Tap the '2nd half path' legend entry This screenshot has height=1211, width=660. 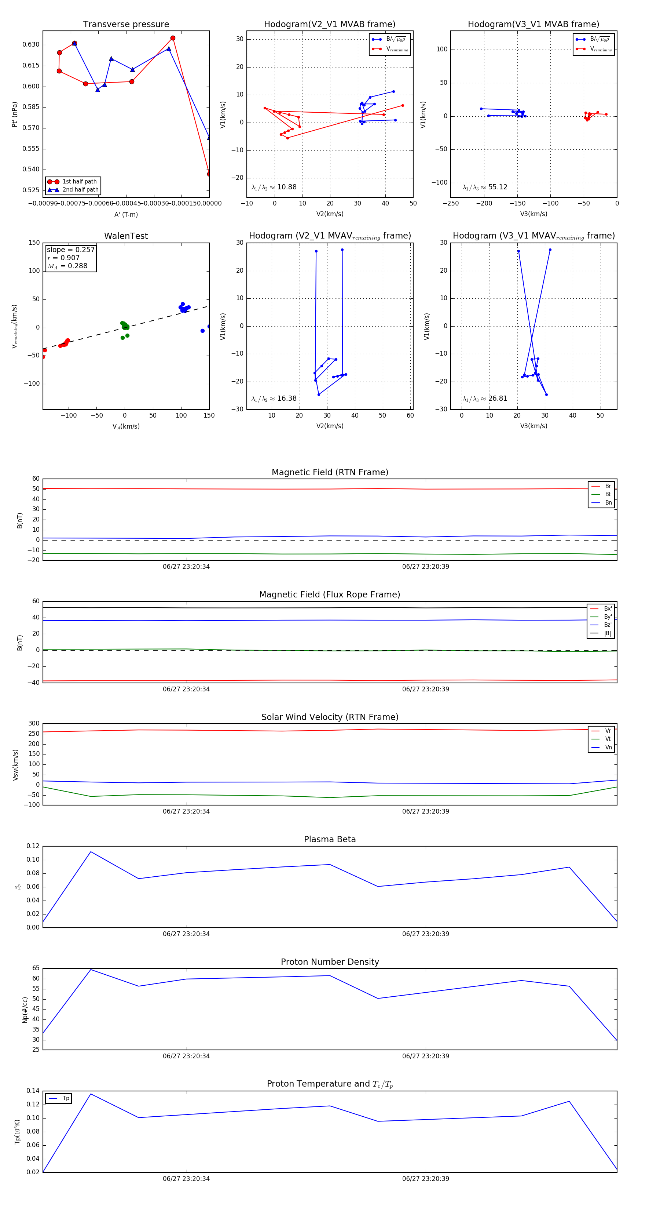[x=80, y=190]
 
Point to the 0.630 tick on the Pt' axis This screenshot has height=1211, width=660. [x=31, y=45]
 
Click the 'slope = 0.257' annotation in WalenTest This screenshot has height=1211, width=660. [x=70, y=250]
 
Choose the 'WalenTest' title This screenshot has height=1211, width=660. [x=126, y=236]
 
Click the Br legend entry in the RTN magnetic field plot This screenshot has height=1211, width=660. [x=608, y=486]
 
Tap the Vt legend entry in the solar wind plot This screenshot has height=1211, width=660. [x=608, y=739]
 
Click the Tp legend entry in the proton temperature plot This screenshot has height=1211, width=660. [x=66, y=1098]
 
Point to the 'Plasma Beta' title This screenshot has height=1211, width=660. [x=330, y=839]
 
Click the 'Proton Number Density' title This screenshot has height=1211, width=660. [x=330, y=962]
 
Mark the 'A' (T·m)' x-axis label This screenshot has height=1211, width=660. [x=126, y=214]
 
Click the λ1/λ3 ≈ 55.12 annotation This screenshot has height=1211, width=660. [x=485, y=187]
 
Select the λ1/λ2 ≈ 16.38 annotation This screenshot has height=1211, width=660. [x=274, y=399]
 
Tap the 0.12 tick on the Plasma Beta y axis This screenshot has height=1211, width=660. [x=33, y=846]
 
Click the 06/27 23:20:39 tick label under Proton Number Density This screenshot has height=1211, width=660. [x=425, y=1056]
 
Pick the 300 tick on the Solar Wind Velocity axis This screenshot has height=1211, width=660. [x=34, y=724]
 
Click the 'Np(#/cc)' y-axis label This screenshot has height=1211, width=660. [x=25, y=1010]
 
